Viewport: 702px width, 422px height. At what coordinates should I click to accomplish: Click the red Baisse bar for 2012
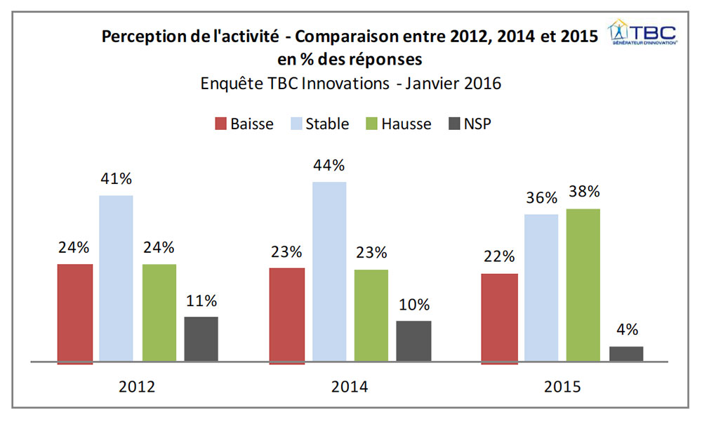pos(75,314)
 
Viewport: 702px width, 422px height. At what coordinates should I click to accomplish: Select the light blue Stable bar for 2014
pos(329,272)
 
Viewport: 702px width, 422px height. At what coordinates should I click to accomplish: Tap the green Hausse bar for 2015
pos(583,285)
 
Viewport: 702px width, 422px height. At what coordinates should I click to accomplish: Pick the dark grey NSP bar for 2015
pos(626,354)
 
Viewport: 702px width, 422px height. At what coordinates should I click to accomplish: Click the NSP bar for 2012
pos(201,339)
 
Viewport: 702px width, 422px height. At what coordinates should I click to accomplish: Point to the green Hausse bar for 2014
pos(371,315)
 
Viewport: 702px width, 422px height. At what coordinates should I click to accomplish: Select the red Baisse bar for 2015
pos(500,319)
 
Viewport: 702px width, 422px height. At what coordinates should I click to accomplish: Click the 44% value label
pos(329,165)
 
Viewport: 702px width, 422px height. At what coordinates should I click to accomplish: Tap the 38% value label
pos(584,192)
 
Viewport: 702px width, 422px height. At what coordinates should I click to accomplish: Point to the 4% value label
pos(627,330)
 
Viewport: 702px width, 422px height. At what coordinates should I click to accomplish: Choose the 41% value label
pos(117,179)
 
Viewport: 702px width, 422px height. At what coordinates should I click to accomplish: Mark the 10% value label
pos(414,305)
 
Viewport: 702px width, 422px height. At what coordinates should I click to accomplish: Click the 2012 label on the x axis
pos(137,387)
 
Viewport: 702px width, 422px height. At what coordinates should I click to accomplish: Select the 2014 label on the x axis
pos(350,387)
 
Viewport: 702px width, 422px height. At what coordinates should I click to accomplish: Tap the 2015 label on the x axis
pos(562,387)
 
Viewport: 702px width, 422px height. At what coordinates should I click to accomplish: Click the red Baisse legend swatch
pos(220,124)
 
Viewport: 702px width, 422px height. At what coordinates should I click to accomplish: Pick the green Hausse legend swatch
pos(371,124)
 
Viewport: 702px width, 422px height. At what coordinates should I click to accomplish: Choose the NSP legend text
pos(477,124)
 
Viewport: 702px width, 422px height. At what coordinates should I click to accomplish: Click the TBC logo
pos(642,32)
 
